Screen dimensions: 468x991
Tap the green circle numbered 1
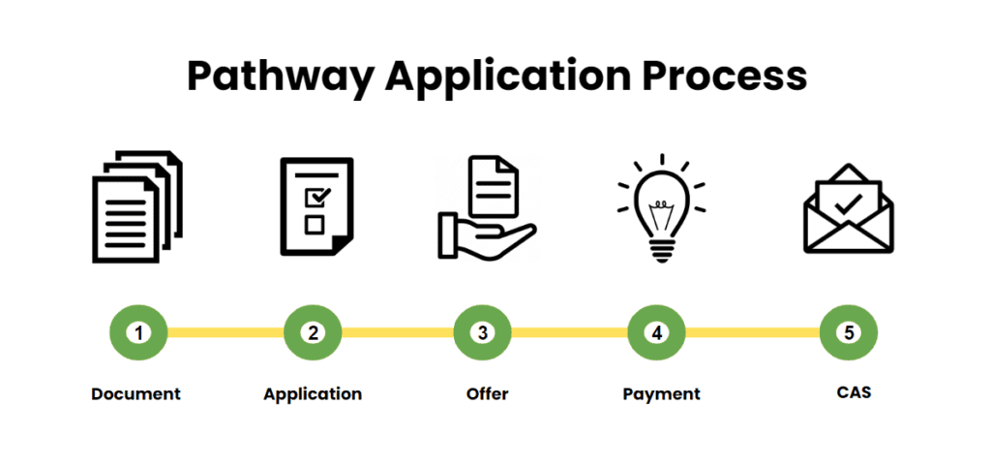click(x=138, y=332)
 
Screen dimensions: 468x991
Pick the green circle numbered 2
click(x=313, y=332)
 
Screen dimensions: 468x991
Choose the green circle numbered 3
click(x=483, y=332)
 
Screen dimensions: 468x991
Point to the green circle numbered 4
click(x=657, y=332)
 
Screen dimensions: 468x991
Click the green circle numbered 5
click(x=849, y=332)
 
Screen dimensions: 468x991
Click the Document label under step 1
click(x=135, y=394)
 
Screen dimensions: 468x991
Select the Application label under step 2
click(x=313, y=394)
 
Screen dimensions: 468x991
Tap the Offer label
click(x=487, y=394)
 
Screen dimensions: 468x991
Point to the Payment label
click(x=661, y=394)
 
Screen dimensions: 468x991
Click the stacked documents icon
click(x=136, y=206)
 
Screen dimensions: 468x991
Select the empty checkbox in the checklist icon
click(x=314, y=225)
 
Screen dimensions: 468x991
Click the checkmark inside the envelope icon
click(x=849, y=204)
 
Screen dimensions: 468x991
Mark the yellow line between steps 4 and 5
click(x=753, y=332)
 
